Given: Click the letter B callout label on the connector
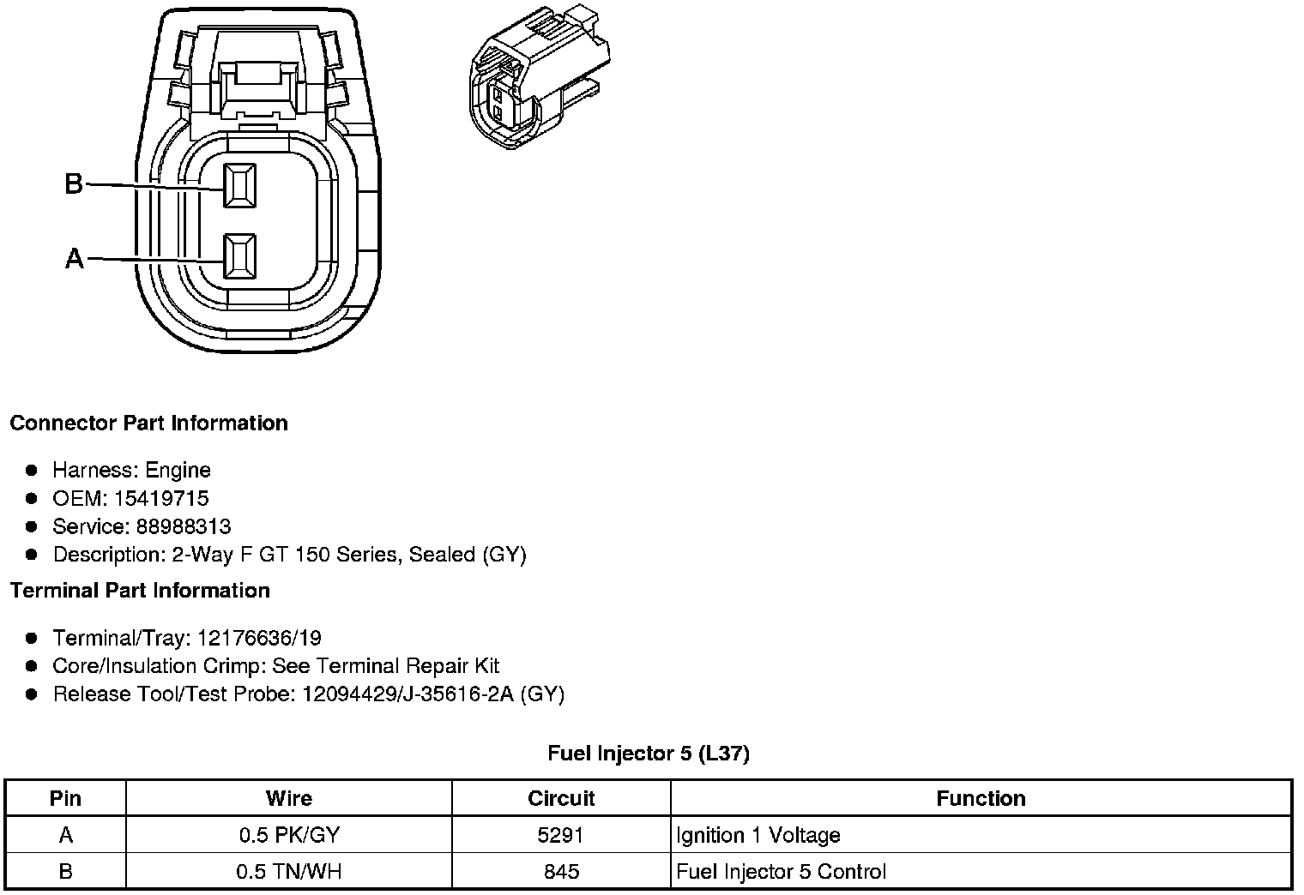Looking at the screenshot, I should [74, 183].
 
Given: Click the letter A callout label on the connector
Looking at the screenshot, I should [75, 258].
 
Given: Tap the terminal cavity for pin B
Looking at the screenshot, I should [239, 185].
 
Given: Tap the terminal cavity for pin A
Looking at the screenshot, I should [239, 256].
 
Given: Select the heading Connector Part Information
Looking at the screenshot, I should [148, 423].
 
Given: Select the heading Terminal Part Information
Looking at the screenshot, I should [140, 591].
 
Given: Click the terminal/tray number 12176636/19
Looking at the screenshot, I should [259, 638].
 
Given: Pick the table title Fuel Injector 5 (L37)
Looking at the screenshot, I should [649, 754].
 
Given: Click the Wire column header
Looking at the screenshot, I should [288, 799].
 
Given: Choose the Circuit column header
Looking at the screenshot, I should [561, 799].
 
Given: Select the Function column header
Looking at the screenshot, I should [981, 799].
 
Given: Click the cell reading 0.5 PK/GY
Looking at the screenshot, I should [288, 835].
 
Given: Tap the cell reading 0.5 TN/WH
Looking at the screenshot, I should [288, 872].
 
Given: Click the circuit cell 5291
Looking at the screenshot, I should [561, 835].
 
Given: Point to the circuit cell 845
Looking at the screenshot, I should [561, 872].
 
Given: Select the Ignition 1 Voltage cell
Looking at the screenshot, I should [758, 835].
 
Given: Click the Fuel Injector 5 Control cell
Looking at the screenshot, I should [781, 872].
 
